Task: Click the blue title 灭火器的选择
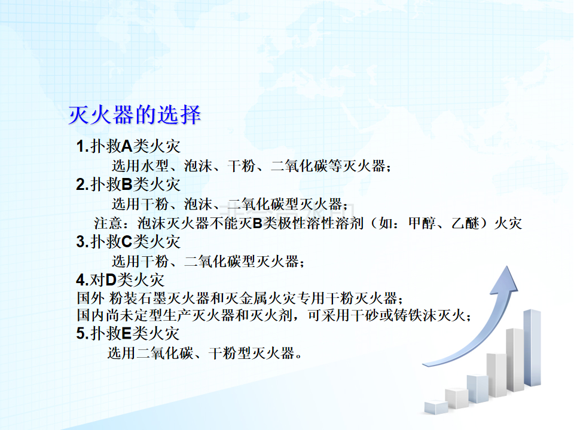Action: [x=135, y=115]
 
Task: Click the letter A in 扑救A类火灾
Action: [x=127, y=147]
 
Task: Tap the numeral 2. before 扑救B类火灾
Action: [x=83, y=185]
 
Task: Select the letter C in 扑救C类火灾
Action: [x=127, y=242]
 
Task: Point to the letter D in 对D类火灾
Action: [x=111, y=281]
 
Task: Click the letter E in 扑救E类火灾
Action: [x=126, y=333]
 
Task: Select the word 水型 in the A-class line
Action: [x=155, y=166]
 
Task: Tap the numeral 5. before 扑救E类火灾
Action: [x=83, y=333]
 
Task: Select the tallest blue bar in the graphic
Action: [x=532, y=348]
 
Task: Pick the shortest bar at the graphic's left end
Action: [x=436, y=407]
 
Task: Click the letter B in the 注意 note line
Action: [x=258, y=223]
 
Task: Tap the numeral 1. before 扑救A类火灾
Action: [x=83, y=147]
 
